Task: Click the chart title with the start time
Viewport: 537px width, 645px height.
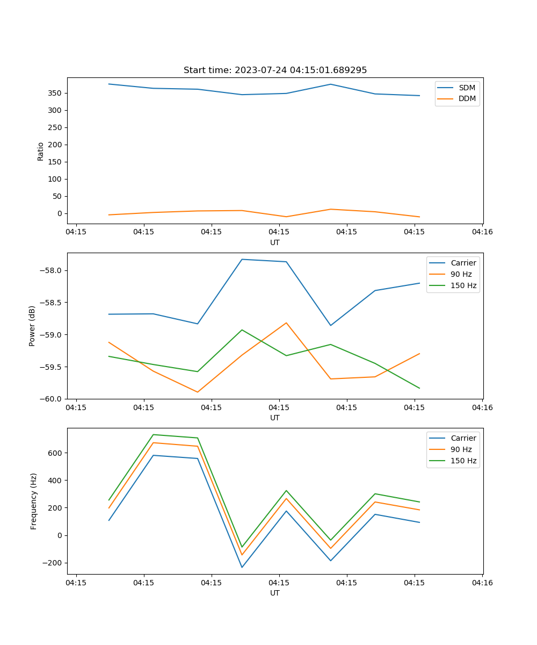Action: point(275,70)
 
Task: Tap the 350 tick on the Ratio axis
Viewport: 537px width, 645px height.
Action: point(56,93)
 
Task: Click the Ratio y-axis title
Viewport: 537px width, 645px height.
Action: point(41,151)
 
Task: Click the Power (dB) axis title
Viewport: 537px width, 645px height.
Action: point(32,326)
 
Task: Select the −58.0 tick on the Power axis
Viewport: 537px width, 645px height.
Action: point(52,270)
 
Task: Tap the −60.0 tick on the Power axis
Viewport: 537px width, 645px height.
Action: point(52,399)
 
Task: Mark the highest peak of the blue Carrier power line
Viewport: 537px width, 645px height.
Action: point(242,260)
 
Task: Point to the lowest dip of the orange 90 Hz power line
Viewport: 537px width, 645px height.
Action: point(198,392)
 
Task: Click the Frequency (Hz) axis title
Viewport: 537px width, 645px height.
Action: point(34,501)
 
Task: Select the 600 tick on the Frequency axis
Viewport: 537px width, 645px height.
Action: point(56,453)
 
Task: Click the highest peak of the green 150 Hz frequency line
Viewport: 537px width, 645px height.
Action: point(154,434)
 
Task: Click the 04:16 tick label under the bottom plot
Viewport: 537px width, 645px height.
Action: point(482,582)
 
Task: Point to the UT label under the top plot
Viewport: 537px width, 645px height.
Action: point(275,242)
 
